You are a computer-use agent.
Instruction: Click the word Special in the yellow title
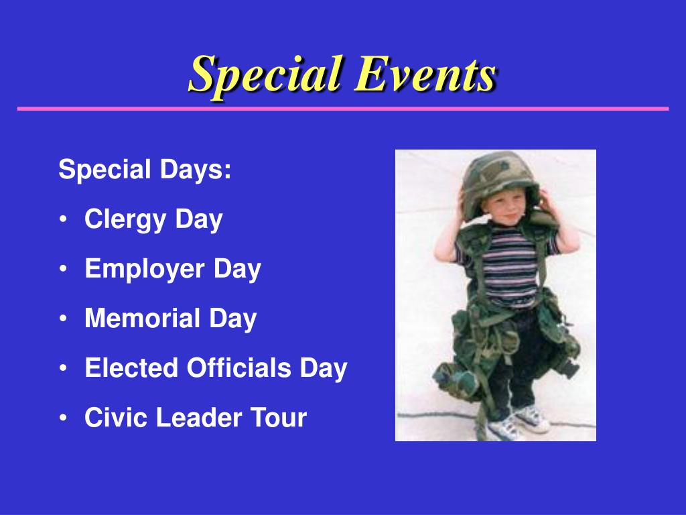[x=265, y=75]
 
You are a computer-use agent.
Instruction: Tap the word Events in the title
[x=425, y=74]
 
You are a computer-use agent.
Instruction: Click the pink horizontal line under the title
[x=343, y=109]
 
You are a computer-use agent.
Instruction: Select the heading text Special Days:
[x=145, y=170]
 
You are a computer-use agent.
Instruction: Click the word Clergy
[x=125, y=220]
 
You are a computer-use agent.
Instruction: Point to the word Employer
[x=145, y=270]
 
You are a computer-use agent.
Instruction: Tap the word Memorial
[x=142, y=318]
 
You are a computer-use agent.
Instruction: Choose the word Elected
[x=131, y=367]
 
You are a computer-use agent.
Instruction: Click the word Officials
[x=239, y=367]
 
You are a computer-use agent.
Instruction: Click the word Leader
[x=198, y=417]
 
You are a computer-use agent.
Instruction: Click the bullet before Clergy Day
[x=64, y=219]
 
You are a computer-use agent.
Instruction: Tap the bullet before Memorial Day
[x=64, y=319]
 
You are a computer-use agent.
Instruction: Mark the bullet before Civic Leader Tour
[x=64, y=417]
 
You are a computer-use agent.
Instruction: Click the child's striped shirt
[x=510, y=267]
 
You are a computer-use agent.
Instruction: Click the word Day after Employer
[x=237, y=270]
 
